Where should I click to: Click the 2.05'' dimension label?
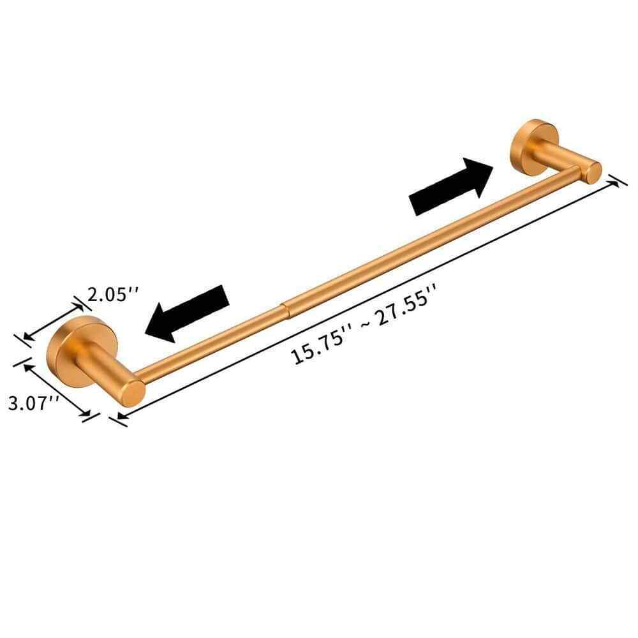[x=113, y=294]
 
